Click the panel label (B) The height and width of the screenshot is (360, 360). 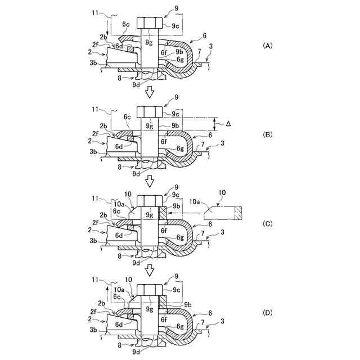[268, 135]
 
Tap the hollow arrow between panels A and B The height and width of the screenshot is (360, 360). [149, 92]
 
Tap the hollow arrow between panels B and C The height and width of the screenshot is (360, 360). [149, 181]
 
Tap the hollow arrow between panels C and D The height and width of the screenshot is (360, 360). [149, 269]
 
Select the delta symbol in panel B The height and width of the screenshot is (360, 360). [228, 124]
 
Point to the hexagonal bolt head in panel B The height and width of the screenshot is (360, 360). [150, 111]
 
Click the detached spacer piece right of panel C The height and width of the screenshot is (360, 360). [226, 213]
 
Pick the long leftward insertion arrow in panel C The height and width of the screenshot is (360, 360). [186, 214]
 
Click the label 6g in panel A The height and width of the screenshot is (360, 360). [180, 59]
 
